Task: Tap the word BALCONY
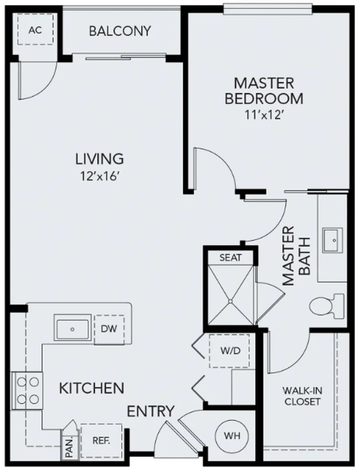pyautogui.click(x=120, y=31)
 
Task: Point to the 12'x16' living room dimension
pyautogui.click(x=99, y=176)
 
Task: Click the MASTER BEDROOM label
pyautogui.click(x=264, y=90)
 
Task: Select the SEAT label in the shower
pyautogui.click(x=231, y=257)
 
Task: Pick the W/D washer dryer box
pyautogui.click(x=229, y=351)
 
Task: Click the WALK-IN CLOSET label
pyautogui.click(x=302, y=396)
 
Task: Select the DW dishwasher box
pyautogui.click(x=109, y=329)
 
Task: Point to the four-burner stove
pyautogui.click(x=28, y=389)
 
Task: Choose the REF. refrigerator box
pyautogui.click(x=101, y=441)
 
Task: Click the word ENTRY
pyautogui.click(x=151, y=411)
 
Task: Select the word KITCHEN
pyautogui.click(x=91, y=388)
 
